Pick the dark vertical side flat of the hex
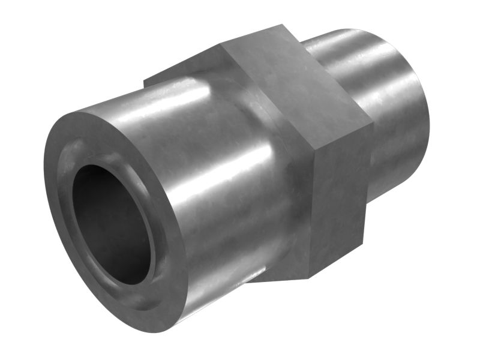339,198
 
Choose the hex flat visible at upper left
180,69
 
